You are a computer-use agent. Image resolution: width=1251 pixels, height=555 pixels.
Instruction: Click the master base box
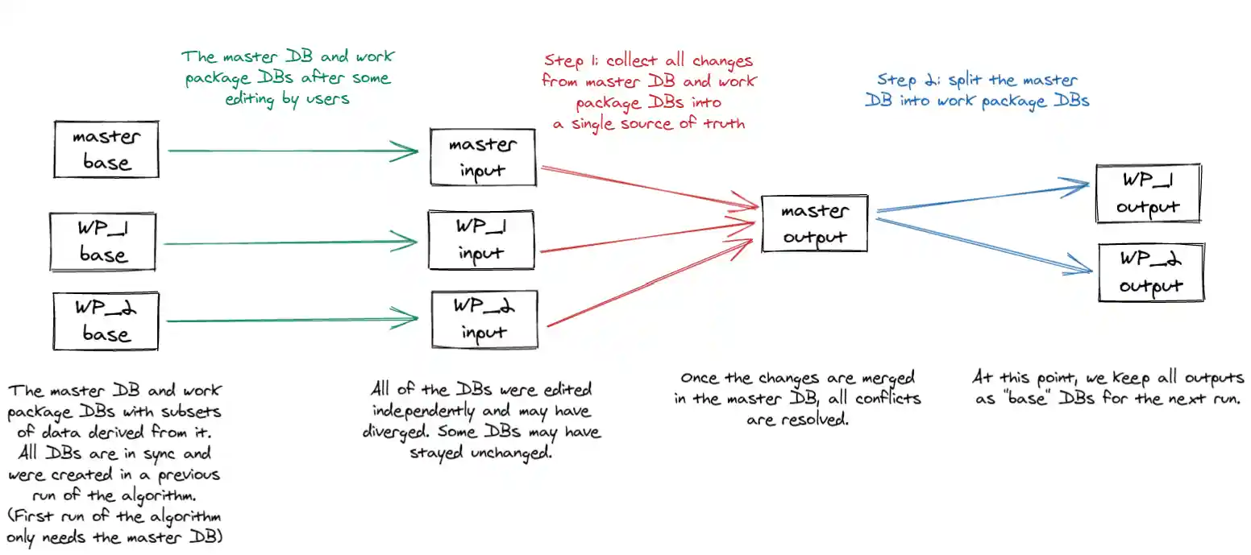106,150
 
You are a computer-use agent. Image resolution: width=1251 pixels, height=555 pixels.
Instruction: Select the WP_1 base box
102,242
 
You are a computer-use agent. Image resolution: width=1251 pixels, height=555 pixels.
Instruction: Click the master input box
482,158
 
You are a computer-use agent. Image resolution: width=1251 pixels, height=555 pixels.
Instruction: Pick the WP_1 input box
482,240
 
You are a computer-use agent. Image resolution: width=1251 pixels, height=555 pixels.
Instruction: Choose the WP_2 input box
484,319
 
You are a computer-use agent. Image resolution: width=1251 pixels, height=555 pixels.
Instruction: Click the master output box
814,223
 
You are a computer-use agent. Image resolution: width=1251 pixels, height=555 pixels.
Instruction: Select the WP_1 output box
1148,193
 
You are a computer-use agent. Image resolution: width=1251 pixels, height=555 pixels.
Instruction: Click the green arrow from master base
290,151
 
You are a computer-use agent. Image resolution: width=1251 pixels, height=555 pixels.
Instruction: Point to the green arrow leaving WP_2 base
290,320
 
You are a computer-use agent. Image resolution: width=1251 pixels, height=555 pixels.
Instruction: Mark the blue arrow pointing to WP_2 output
983,242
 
